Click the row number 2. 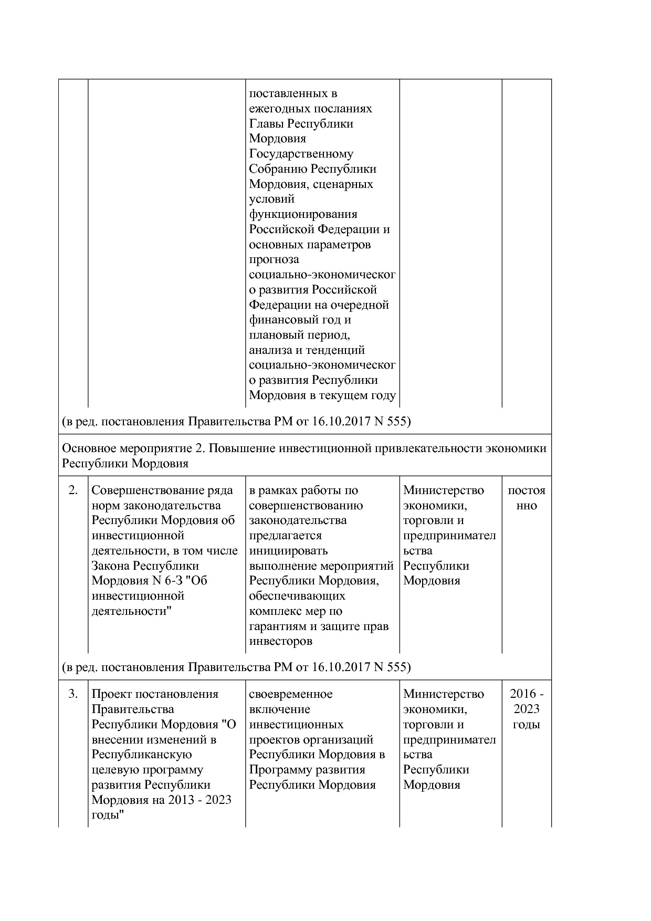click(x=73, y=490)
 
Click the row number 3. click(x=73, y=694)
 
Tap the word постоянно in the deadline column click(x=526, y=498)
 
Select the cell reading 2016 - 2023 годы click(x=526, y=709)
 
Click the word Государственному click(x=301, y=154)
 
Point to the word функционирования click(x=303, y=214)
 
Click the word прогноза click(x=274, y=259)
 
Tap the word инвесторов click(x=280, y=641)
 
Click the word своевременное click(x=290, y=694)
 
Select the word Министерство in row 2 click(x=444, y=490)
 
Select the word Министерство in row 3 click(x=444, y=694)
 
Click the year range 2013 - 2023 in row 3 click(x=199, y=800)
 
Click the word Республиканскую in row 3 click(x=141, y=755)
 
